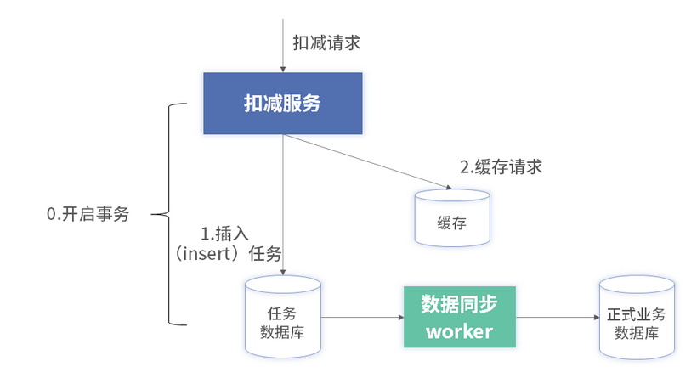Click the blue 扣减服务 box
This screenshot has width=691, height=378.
283,104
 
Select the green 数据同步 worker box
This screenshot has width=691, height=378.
459,317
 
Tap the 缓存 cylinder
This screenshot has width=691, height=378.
453,217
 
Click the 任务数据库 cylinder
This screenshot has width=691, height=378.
283,315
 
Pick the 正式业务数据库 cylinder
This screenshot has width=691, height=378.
636,317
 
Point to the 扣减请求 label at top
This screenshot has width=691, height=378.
326,42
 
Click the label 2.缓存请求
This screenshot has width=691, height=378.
501,166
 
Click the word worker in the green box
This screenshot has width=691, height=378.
459,330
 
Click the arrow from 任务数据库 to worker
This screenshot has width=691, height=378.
362,318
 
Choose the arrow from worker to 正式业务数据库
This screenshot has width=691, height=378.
556,318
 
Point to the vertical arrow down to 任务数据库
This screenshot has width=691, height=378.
283,204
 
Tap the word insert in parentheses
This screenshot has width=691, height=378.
210,253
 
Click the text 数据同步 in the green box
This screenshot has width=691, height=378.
459,303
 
